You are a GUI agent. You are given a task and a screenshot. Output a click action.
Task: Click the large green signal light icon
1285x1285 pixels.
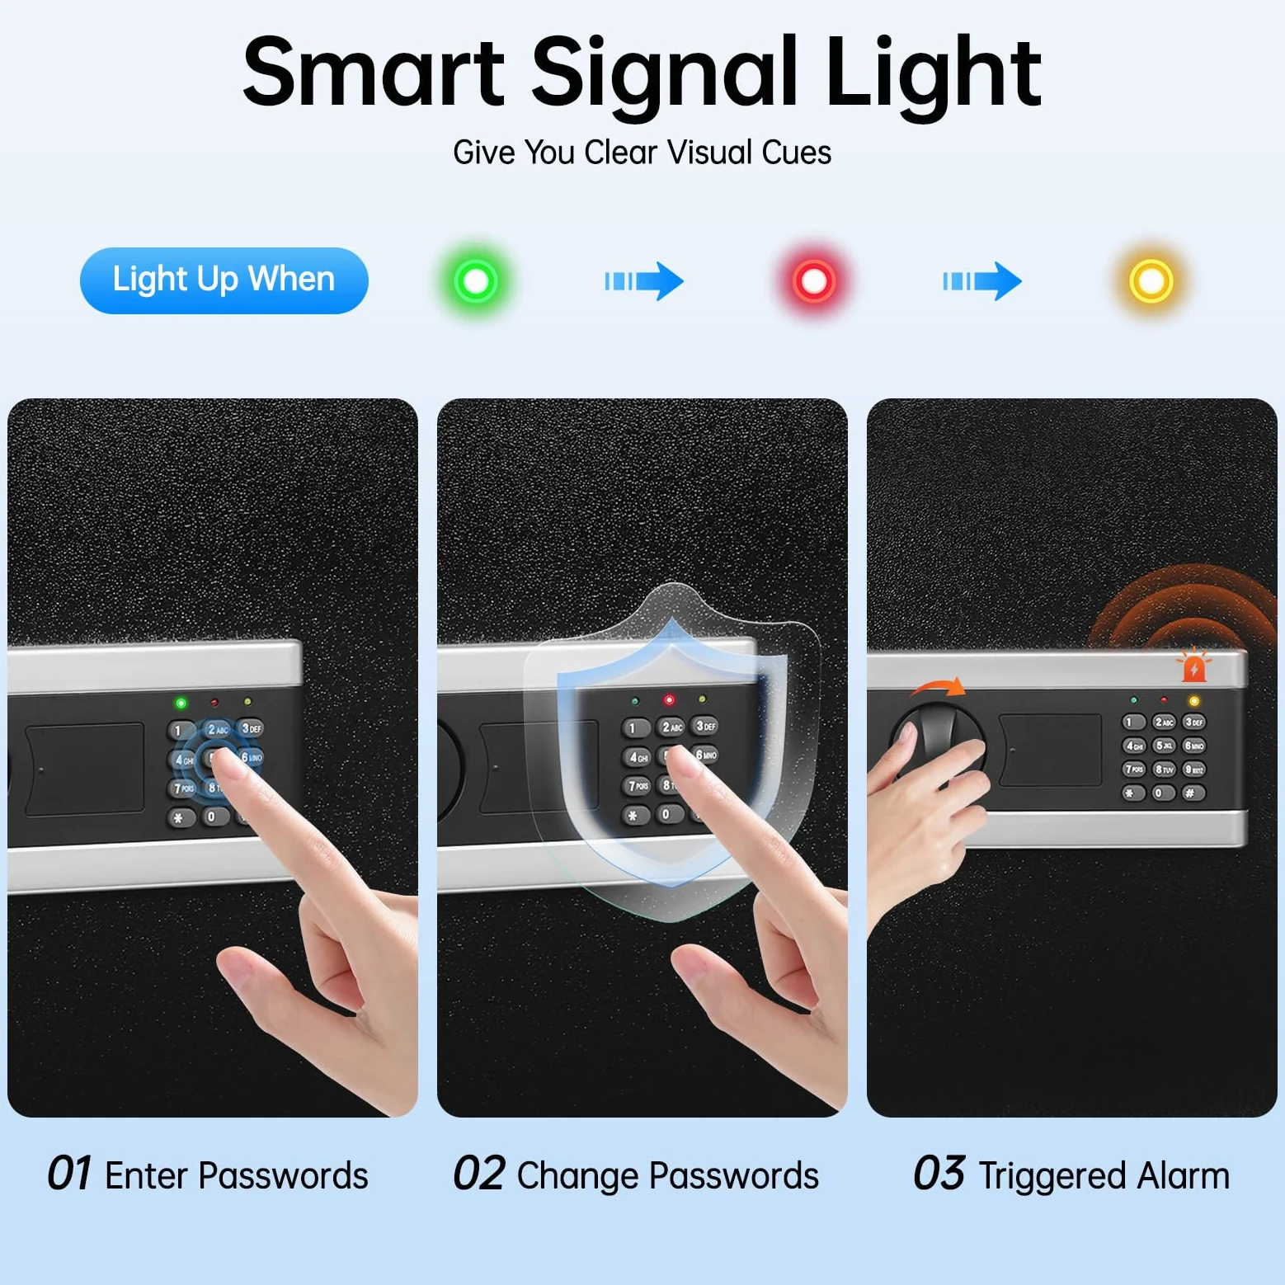476,281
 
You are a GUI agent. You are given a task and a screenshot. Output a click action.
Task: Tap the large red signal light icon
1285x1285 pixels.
814,281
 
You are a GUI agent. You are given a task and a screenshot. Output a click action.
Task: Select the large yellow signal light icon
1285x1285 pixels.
1151,281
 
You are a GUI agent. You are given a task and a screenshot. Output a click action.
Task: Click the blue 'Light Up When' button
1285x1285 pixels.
224,280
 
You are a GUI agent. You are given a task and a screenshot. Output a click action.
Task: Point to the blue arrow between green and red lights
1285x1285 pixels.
644,281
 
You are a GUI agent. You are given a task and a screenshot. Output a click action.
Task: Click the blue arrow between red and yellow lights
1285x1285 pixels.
982,281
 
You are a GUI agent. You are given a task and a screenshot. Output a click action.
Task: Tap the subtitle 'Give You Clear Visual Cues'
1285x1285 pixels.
642,153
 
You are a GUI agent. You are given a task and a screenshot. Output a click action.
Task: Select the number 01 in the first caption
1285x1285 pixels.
69,1174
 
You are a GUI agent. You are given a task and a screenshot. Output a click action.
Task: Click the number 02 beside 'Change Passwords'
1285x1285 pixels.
479,1174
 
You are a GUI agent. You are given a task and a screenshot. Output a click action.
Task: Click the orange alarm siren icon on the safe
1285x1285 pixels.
1193,666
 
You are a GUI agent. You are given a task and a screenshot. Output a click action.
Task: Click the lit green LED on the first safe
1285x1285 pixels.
181,703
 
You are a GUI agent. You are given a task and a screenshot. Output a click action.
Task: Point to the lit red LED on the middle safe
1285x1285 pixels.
669,700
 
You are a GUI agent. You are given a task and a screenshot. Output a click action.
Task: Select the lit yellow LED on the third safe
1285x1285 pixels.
1193,701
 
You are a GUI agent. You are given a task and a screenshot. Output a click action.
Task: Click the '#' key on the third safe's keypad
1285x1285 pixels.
1193,793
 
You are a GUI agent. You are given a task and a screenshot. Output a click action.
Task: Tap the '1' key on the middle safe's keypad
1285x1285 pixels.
634,727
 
